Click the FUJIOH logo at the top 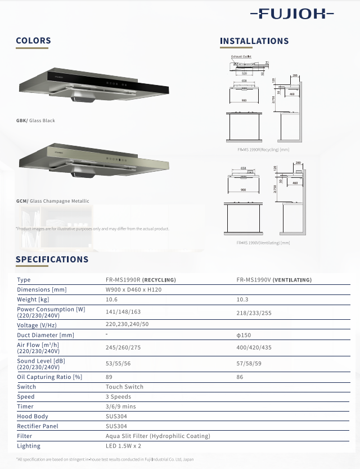pos(291,14)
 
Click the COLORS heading pos(33,41)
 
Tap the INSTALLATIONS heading pos(254,41)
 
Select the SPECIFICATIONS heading pos(52,260)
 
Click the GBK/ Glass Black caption pos(36,120)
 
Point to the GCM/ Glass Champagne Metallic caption pos(53,201)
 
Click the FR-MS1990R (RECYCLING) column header pos(141,280)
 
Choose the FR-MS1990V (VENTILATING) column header pos(274,280)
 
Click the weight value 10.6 pos(111,300)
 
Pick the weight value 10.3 pos(242,300)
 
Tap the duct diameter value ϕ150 pos(243,335)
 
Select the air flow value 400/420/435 pos(252,348)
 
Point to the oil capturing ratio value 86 pos(240,377)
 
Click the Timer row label pos(25,407)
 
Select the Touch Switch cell pos(124,387)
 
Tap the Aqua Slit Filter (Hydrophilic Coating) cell pos(157,436)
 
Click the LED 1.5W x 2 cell pos(123,446)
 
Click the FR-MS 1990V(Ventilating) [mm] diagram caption pos(263,243)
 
